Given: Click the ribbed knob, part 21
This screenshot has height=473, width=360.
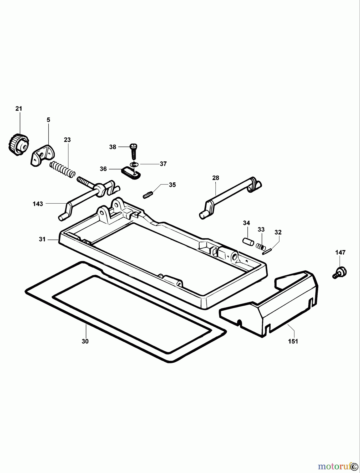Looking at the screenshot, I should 19,145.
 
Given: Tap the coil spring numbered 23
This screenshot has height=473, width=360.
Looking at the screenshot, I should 63,169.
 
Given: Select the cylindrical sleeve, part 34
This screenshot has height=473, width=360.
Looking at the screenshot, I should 247,241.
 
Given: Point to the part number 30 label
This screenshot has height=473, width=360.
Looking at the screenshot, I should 85,341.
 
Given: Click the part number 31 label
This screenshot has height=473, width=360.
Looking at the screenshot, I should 42,239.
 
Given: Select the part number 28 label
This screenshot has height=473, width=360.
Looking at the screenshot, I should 216,178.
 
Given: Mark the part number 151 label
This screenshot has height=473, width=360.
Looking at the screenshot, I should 293,341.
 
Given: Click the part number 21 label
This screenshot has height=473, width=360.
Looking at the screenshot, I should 19,109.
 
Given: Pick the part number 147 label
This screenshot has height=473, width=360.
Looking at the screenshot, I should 340,253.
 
